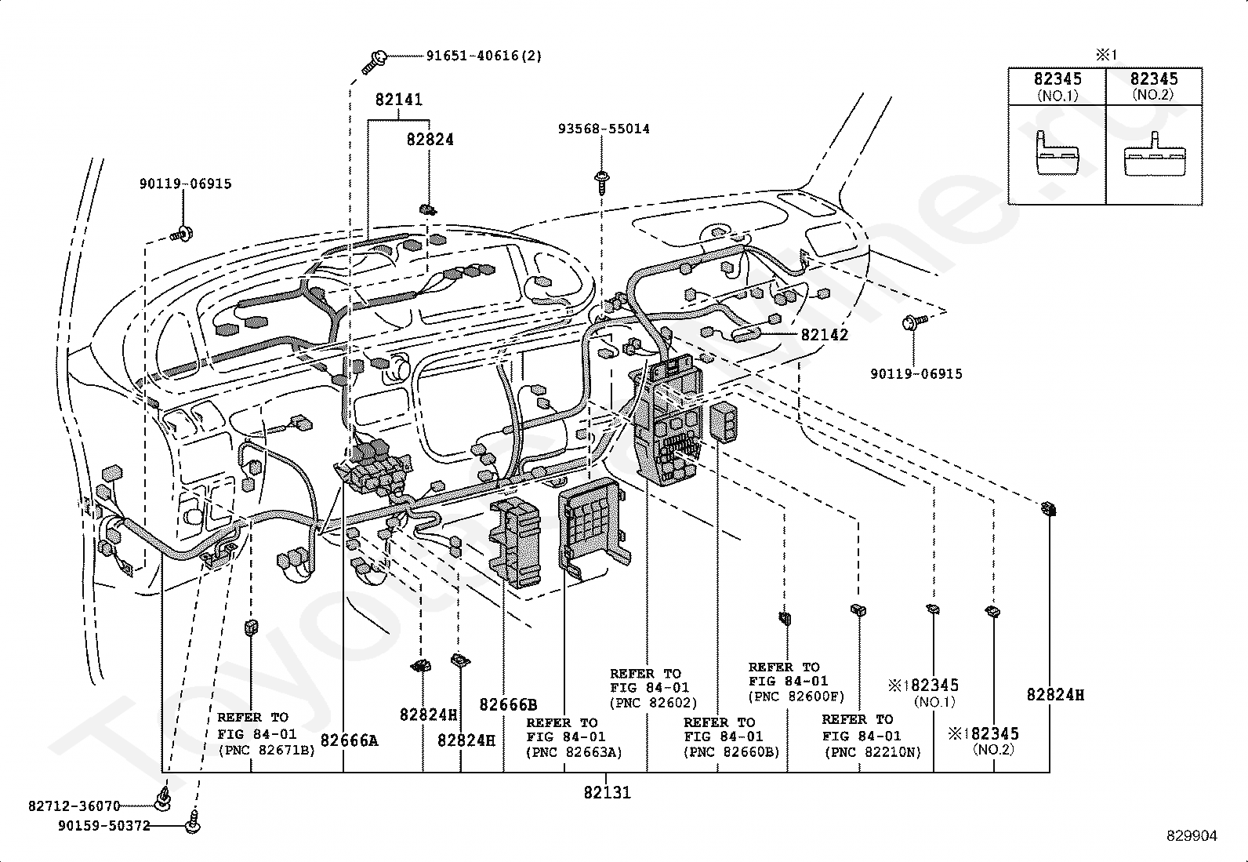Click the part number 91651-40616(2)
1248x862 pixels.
click(484, 56)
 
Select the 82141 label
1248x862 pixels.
click(398, 100)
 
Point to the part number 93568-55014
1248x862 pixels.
click(604, 129)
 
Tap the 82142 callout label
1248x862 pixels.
click(824, 335)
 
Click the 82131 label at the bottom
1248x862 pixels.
click(607, 792)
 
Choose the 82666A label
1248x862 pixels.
click(349, 740)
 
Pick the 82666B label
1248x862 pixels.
click(508, 704)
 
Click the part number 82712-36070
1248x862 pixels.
click(74, 806)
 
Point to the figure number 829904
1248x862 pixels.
click(1191, 836)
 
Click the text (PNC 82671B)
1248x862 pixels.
click(266, 750)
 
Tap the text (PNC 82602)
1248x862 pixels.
click(653, 703)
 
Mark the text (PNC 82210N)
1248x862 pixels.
click(873, 752)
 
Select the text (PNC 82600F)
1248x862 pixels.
click(796, 696)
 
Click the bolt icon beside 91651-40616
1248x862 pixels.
click(375, 60)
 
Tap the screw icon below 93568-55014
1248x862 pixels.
click(602, 180)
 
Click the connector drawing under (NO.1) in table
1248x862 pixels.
click(1056, 156)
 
